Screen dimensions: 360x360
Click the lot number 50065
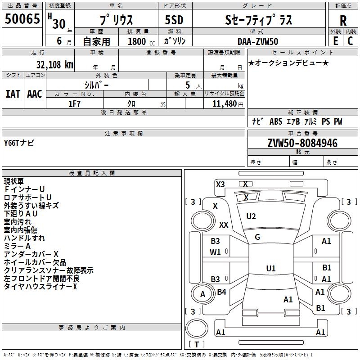click(22, 19)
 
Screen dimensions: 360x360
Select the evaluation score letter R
click(343, 21)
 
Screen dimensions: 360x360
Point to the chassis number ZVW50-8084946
click(302, 143)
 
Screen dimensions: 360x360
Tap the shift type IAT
click(13, 94)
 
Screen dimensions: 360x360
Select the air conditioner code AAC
click(35, 94)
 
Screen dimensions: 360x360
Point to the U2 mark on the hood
click(251, 216)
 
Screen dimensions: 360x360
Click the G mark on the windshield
click(257, 237)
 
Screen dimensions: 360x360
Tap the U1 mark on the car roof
click(270, 269)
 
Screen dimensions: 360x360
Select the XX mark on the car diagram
click(224, 225)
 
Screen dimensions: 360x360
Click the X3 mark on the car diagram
click(220, 184)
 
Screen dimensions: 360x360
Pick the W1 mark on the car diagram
click(216, 252)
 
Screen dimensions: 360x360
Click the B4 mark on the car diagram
click(221, 292)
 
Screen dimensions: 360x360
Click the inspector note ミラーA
click(17, 246)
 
